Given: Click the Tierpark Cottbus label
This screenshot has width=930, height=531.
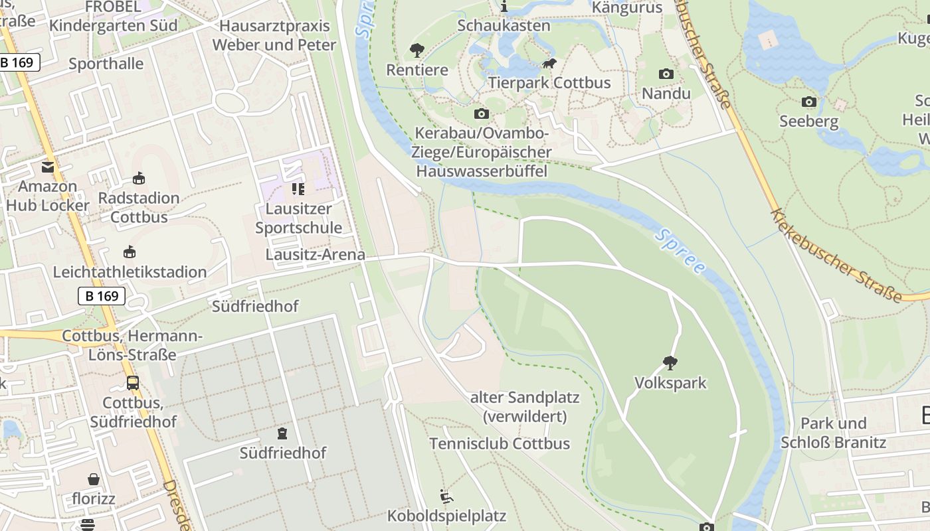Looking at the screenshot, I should tap(549, 83).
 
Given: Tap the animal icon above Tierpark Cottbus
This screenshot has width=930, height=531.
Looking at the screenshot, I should tap(549, 64).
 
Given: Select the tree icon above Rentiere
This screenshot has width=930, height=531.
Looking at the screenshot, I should tap(417, 50).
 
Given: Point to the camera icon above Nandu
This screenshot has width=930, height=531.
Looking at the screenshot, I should tap(666, 74).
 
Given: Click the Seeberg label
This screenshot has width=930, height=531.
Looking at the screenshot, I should tap(808, 121).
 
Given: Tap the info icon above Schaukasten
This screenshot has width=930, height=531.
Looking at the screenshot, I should tap(504, 7).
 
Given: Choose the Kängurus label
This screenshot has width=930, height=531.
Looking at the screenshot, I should tap(627, 8).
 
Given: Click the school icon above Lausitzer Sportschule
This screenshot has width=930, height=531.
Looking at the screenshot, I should tap(298, 189).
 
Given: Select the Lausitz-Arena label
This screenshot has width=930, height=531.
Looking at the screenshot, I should tap(316, 255).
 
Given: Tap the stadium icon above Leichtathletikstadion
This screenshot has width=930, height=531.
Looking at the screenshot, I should tap(130, 252).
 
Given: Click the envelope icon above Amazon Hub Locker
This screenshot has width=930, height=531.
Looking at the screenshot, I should tap(48, 167).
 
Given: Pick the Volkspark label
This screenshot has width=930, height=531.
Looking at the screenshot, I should tap(670, 383).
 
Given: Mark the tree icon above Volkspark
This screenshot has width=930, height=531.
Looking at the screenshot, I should tap(670, 363).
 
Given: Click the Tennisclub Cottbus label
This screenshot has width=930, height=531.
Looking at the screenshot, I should tap(500, 443).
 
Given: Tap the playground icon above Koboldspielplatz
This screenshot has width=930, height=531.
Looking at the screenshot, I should tap(446, 496).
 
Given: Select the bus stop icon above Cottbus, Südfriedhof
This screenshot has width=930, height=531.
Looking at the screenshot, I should tap(133, 383).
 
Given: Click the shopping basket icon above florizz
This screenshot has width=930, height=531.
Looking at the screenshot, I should tap(94, 479).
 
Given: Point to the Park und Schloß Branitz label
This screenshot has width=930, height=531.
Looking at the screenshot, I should tap(833, 433).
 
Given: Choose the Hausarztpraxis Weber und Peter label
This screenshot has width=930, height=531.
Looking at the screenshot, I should tap(274, 35).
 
